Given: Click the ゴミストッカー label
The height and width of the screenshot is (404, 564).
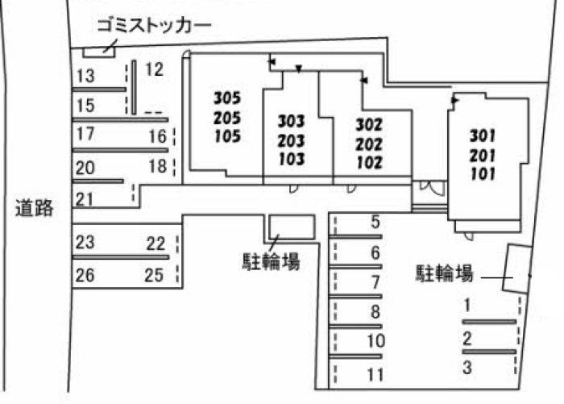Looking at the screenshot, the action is (154, 26).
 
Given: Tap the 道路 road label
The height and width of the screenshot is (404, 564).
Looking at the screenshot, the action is (34, 208).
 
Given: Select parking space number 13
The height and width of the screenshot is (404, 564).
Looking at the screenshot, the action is (85, 76).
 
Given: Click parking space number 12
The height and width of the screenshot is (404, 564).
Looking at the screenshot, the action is (155, 69).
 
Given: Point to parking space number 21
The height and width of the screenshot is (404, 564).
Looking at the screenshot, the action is (85, 199).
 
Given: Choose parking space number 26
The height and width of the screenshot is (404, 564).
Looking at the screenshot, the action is (85, 275).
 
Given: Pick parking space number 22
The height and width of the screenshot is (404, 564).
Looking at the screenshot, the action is (156, 244).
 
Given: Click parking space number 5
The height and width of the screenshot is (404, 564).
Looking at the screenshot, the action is (375, 222).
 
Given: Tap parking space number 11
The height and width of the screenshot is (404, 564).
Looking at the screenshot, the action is (375, 375).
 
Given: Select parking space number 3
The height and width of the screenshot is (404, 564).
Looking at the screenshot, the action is (467, 368).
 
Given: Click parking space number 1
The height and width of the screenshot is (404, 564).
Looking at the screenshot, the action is (467, 305).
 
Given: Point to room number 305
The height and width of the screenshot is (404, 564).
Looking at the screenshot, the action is (227, 98).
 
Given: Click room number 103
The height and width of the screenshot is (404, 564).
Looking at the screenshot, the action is (292, 159).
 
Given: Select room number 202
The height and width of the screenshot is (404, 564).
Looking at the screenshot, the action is (369, 144).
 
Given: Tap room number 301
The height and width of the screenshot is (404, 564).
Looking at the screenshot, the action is (483, 135).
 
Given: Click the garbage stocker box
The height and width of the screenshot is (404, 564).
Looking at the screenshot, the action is (99, 52).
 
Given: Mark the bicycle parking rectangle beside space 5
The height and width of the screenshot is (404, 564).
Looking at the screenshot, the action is (292, 227).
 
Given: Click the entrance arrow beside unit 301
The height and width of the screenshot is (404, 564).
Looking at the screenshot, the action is (455, 100).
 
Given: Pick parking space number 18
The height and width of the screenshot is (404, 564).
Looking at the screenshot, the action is (158, 166).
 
